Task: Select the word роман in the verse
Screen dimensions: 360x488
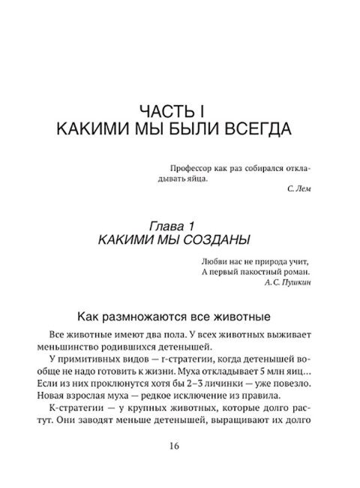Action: coord(294,272)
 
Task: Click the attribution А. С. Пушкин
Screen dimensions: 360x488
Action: coord(287,283)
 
